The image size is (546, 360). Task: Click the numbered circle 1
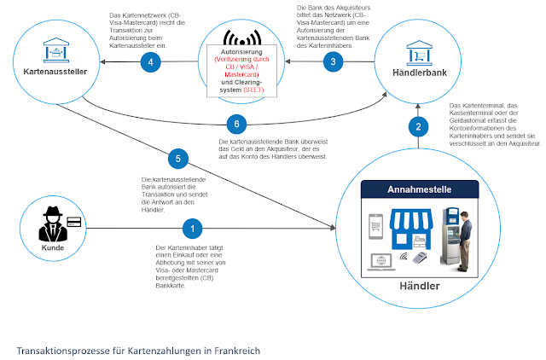tap(192, 229)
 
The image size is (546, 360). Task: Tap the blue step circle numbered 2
tap(418, 127)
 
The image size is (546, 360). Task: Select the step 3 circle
tap(333, 61)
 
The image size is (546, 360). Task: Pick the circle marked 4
tap(150, 62)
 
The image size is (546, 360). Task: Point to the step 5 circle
tap(178, 159)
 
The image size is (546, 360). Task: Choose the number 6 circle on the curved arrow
tap(236, 124)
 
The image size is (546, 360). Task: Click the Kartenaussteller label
tap(55, 72)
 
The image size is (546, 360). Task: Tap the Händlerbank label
tap(420, 73)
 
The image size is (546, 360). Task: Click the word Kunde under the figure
tap(53, 248)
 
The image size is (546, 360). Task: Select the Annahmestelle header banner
tap(420, 189)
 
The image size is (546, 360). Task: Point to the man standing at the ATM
tap(464, 241)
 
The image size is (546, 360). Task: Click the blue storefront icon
tap(411, 229)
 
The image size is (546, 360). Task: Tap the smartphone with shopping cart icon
tap(375, 227)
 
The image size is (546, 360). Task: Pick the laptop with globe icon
tap(381, 262)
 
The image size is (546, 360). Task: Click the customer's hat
tap(53, 212)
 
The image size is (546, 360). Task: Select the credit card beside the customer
tap(74, 222)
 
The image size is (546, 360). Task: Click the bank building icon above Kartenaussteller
tap(56, 50)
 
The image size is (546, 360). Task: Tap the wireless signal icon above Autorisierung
tap(242, 38)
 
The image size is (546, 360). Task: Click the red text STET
tap(253, 90)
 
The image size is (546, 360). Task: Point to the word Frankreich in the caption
tap(237, 351)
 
